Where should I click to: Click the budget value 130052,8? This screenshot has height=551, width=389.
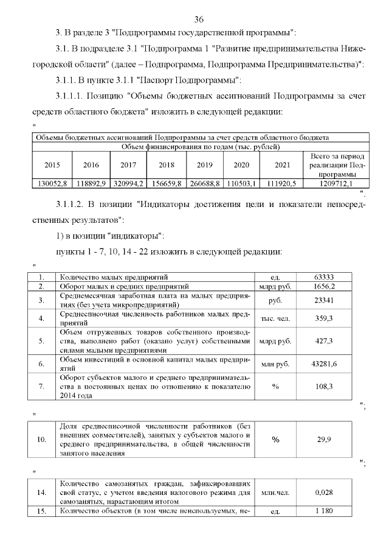(x=52, y=183)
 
